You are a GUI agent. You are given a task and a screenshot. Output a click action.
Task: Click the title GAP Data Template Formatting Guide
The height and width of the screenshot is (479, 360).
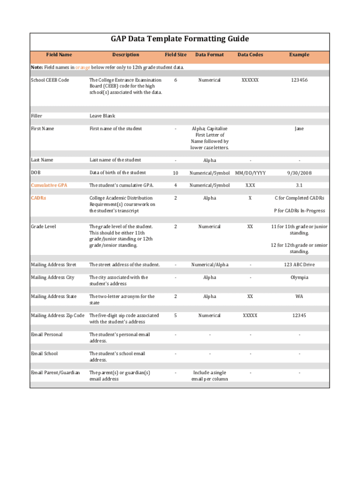click(180, 39)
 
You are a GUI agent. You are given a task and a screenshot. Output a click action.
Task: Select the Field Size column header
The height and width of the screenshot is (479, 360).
click(175, 55)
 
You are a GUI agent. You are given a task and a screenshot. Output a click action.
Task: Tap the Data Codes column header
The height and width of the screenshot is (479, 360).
click(250, 55)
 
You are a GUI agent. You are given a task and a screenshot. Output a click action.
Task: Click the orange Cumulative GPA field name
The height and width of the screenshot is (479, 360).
click(49, 185)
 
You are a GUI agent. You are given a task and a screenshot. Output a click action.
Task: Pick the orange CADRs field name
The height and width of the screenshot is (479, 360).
click(38, 198)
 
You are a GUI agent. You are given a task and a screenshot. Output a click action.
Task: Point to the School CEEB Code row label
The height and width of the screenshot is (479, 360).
click(50, 80)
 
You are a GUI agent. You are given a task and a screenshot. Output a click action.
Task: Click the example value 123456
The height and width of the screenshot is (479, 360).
click(299, 80)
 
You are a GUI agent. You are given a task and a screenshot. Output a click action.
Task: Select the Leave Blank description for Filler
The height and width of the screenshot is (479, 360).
click(102, 116)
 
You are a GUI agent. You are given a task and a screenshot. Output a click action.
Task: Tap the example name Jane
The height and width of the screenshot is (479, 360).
click(299, 129)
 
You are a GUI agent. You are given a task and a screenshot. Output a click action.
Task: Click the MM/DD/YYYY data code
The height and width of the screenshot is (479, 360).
click(250, 173)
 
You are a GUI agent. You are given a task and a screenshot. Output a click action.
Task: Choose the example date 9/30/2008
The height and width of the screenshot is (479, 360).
click(299, 173)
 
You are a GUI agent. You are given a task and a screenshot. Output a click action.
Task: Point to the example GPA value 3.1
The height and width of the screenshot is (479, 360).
click(299, 185)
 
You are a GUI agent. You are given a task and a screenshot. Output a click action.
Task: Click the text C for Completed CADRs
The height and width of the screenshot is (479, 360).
click(299, 198)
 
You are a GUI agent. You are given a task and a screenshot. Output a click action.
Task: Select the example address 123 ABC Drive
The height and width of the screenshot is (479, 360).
click(299, 265)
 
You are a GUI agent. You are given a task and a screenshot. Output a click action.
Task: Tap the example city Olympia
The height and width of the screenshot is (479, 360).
click(299, 277)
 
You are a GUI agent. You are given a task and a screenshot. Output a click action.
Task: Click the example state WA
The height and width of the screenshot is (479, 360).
click(299, 297)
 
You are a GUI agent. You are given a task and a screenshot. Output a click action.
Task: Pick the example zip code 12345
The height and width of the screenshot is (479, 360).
click(299, 316)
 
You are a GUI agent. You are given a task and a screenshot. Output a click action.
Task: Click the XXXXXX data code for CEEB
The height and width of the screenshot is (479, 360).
click(250, 80)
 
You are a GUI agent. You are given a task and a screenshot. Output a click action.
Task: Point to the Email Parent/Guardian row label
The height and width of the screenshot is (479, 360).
click(56, 373)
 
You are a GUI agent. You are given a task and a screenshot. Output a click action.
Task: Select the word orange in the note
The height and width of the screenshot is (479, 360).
click(83, 67)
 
